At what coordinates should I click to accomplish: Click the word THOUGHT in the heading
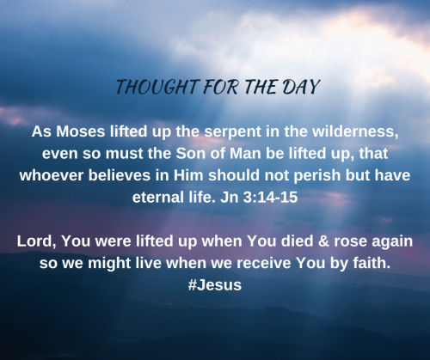pos(157,87)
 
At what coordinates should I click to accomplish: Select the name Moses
pos(81,131)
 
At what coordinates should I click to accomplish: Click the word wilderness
pos(355,131)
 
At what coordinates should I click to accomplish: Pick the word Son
pos(190,154)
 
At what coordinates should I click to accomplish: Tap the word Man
pos(245,154)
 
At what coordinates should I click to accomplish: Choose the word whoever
pos(52,175)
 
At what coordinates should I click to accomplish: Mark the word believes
pos(120,175)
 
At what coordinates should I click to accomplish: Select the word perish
pos(317,176)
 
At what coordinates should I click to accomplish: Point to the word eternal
pos(158,198)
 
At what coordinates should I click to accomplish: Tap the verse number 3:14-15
pos(270,198)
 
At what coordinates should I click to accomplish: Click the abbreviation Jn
pos(230,198)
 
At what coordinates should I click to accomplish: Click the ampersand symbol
pos(323,241)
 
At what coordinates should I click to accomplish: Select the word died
pos(297,241)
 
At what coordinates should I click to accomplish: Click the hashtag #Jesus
pos(215,285)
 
